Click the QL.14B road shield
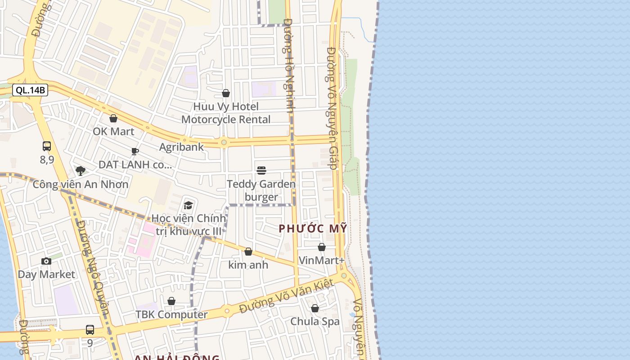click(x=30, y=90)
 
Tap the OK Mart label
click(x=113, y=131)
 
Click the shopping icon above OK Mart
click(x=113, y=118)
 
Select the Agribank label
click(x=181, y=147)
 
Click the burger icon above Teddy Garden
click(x=261, y=170)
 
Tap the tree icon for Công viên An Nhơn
click(x=81, y=171)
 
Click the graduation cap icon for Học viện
click(x=188, y=206)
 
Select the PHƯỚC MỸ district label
click(x=313, y=229)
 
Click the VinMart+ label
click(x=322, y=261)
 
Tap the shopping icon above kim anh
click(x=248, y=252)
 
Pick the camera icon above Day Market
click(x=46, y=261)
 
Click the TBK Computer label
click(x=171, y=315)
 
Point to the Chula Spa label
click(x=315, y=321)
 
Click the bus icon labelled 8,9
click(x=47, y=146)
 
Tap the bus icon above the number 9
click(x=90, y=330)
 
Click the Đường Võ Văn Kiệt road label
click(x=287, y=296)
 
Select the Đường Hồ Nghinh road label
click(x=289, y=65)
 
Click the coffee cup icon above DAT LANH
click(x=135, y=151)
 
